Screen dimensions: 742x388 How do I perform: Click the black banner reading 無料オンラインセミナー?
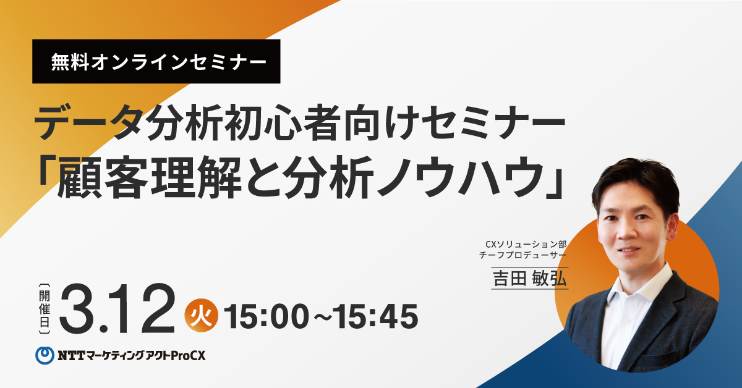(156, 61)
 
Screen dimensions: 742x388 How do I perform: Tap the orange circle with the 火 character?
(202, 315)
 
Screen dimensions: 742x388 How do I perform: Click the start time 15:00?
(267, 316)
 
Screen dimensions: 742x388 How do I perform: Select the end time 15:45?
(375, 316)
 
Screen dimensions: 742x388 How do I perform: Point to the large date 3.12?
(117, 309)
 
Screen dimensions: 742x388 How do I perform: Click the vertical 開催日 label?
(45, 308)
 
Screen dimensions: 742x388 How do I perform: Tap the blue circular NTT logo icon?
(45, 355)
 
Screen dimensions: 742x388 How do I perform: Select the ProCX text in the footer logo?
(189, 356)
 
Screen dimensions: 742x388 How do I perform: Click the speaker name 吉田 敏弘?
(530, 279)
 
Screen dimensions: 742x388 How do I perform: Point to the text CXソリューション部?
(526, 244)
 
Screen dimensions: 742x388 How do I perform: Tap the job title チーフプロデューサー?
(522, 255)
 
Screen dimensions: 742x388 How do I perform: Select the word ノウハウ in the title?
(461, 177)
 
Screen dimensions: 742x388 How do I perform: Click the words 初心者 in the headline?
(284, 123)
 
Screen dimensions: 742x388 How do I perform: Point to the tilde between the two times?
(322, 317)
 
